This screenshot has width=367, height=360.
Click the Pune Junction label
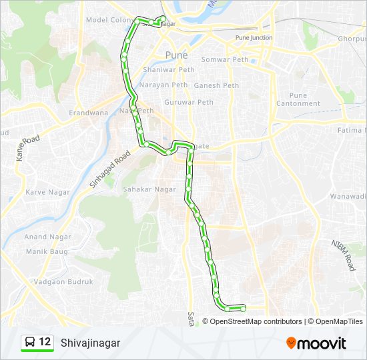tap(254, 38)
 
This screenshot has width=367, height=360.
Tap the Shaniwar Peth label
tap(167, 69)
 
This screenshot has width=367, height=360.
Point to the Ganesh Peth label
tap(216, 85)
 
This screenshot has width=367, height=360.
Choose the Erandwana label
tap(88, 113)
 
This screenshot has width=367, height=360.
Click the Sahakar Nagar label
tap(149, 189)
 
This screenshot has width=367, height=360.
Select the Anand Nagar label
tap(45, 237)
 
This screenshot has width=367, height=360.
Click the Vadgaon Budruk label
tap(58, 282)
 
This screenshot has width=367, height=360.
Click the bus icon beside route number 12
tap(30, 343)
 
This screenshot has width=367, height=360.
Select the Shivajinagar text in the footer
tap(86, 343)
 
